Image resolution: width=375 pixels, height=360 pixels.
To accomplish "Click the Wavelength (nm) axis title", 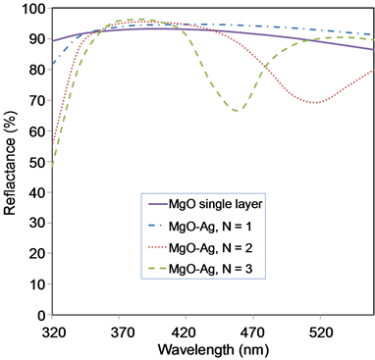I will pos(211,348).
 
